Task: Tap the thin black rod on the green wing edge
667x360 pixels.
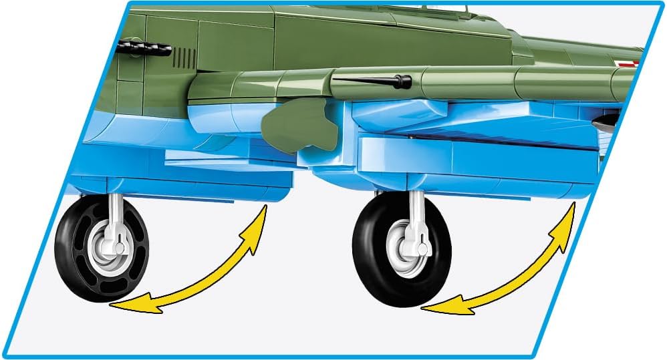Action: coord(364,81)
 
